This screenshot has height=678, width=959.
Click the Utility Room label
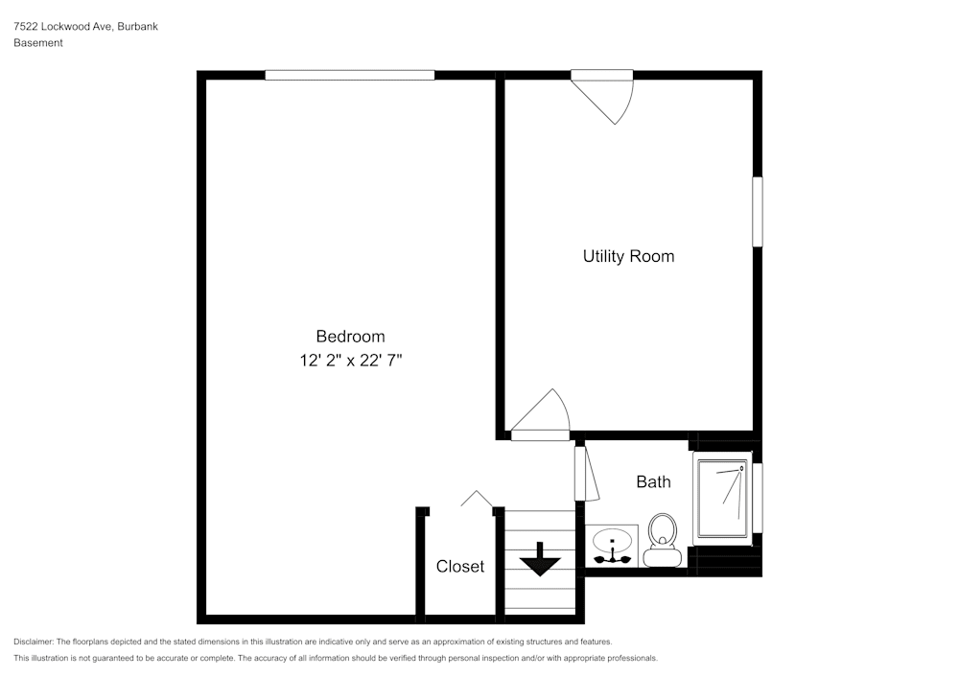tap(628, 256)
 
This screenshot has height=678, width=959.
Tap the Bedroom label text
tap(350, 337)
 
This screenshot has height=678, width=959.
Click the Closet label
tap(460, 567)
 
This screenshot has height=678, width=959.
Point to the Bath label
tap(653, 482)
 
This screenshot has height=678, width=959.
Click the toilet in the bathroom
tap(662, 540)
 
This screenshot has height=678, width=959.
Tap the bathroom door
tap(584, 473)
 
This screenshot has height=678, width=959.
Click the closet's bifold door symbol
tap(477, 499)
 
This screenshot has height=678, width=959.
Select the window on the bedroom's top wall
tap(349, 75)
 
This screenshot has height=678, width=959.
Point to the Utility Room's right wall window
tap(757, 211)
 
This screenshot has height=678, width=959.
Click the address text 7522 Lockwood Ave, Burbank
tap(85, 27)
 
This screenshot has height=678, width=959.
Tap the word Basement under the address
tap(38, 43)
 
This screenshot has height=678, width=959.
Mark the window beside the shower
tap(758, 497)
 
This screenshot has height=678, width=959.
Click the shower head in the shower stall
tap(741, 469)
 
